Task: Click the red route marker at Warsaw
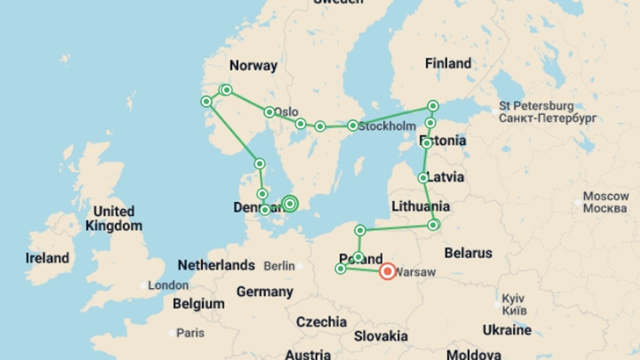tap(387, 271)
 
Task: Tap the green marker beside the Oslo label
tap(269, 112)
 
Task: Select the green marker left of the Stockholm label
tap(353, 126)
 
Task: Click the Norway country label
tap(253, 66)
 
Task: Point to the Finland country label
tap(448, 63)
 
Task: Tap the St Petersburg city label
tap(536, 106)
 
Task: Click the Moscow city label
tap(606, 196)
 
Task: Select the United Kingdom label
tap(114, 218)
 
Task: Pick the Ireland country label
tap(47, 258)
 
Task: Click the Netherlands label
tap(216, 265)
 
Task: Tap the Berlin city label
tap(279, 266)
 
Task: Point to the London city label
tap(168, 285)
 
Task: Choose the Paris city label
tap(190, 333)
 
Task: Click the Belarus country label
tap(468, 253)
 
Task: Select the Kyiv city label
tap(513, 298)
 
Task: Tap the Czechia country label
tap(321, 322)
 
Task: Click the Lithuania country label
tap(420, 206)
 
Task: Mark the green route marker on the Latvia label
tap(423, 178)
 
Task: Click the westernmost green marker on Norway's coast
tap(206, 101)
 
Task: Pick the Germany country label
tap(265, 292)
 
